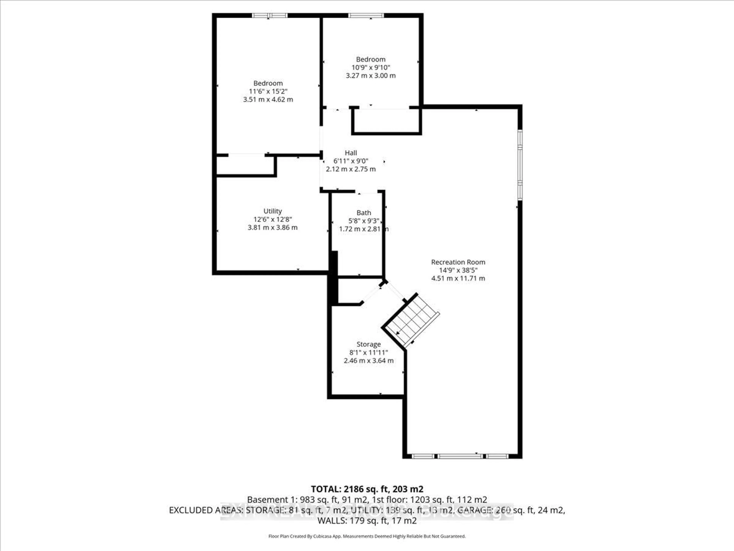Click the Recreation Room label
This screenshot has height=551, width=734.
coord(458,262)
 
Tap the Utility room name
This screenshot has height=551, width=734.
coord(272,211)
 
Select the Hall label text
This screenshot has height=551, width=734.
coord(351,153)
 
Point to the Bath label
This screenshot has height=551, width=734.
coord(364,213)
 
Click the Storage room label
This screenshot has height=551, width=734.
coord(368,344)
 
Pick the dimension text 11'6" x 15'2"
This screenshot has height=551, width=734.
coord(268,91)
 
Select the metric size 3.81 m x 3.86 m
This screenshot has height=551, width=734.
coord(272,227)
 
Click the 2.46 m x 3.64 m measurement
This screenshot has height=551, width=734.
coord(368,361)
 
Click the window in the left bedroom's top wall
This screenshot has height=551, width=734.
coord(270,15)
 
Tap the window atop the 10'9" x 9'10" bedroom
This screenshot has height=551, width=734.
coord(366,15)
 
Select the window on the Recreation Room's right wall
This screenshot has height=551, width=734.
coord(520,165)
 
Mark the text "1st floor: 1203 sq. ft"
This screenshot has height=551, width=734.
coord(429,500)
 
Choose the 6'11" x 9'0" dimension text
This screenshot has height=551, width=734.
coord(351,161)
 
